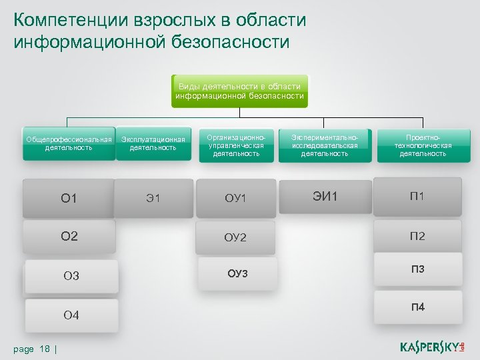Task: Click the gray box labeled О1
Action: tap(69, 198)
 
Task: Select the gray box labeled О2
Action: tap(69, 236)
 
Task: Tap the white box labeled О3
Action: tap(71, 276)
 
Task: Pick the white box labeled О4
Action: tap(71, 315)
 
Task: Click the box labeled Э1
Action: tap(153, 198)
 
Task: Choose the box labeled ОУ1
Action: tap(235, 198)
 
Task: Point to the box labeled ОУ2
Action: tap(235, 237)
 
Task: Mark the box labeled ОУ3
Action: tap(237, 273)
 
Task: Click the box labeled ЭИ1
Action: tap(325, 196)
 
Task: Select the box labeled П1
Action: tap(417, 196)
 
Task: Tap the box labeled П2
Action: tap(417, 235)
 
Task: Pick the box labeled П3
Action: tap(417, 269)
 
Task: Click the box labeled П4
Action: tap(417, 307)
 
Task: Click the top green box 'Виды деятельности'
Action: tap(240, 91)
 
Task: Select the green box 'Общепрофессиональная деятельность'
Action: tap(69, 143)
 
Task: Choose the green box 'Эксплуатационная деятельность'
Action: tap(153, 143)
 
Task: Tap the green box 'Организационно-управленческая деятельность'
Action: tap(236, 144)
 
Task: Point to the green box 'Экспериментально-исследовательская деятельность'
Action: tap(325, 144)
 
